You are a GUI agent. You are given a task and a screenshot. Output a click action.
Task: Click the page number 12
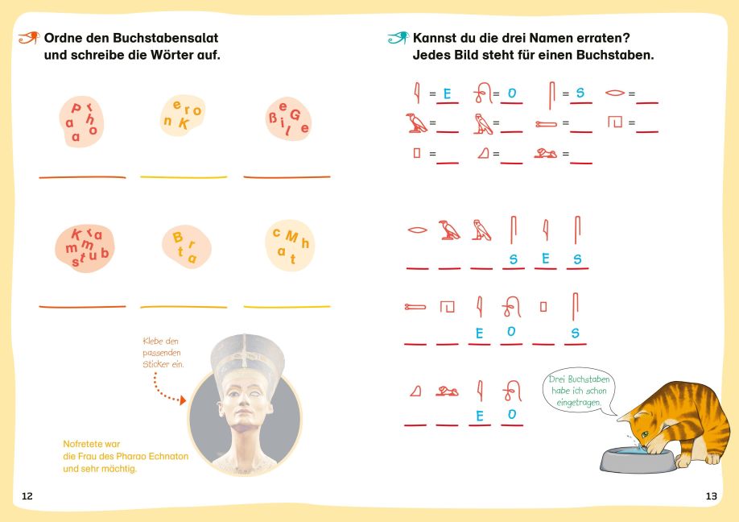pyautogui.click(x=27, y=495)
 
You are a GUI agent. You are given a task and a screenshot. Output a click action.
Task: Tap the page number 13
pyautogui.click(x=711, y=495)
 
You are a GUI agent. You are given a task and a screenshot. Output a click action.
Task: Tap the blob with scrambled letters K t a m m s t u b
pyautogui.click(x=85, y=248)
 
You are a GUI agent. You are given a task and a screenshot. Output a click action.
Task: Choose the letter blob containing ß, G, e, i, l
pyautogui.click(x=288, y=119)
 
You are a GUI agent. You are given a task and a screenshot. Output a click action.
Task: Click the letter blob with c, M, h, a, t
pyautogui.click(x=289, y=245)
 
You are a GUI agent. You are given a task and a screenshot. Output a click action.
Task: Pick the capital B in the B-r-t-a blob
pyautogui.click(x=177, y=237)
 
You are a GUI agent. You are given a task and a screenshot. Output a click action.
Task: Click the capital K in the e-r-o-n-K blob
pyautogui.click(x=184, y=123)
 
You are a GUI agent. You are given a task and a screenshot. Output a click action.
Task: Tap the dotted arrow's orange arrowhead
pyautogui.click(x=183, y=400)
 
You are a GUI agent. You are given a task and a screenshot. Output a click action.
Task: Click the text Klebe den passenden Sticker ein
pyautogui.click(x=163, y=352)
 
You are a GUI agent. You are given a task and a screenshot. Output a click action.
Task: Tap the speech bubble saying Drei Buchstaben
pyautogui.click(x=580, y=391)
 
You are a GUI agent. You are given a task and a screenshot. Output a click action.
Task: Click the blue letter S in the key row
pyautogui.click(x=580, y=93)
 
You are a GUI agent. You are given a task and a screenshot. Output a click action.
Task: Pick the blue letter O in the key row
pyautogui.click(x=512, y=93)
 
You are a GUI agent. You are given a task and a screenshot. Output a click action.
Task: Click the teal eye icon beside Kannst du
pyautogui.click(x=398, y=37)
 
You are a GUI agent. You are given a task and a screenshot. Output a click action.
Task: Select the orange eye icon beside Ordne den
pyautogui.click(x=29, y=37)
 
